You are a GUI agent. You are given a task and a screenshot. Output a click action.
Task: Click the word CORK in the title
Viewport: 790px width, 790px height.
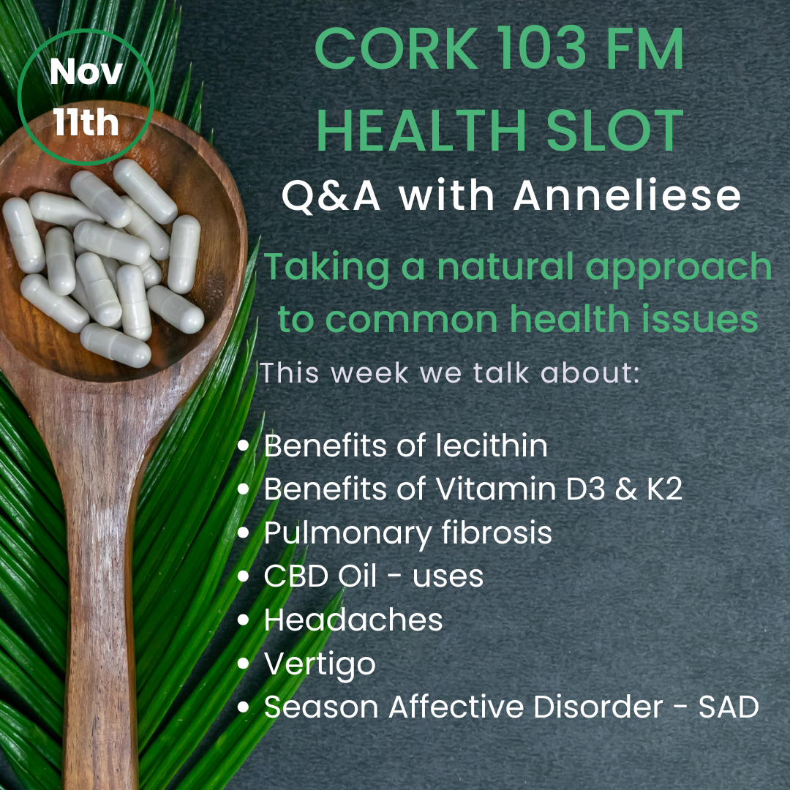(x=396, y=49)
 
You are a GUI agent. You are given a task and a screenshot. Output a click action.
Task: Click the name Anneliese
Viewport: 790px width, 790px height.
(x=627, y=195)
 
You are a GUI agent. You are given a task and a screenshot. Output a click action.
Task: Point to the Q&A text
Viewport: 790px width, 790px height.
(x=331, y=197)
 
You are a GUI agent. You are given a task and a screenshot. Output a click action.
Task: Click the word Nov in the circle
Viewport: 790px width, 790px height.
(x=86, y=72)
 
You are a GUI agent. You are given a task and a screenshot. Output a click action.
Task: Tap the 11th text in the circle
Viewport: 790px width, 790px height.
(x=86, y=122)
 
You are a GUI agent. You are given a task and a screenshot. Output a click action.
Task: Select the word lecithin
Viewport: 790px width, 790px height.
(x=492, y=445)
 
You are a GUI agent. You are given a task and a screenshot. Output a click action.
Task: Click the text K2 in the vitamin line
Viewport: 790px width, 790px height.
(x=664, y=489)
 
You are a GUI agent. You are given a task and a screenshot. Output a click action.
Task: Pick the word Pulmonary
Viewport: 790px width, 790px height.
(x=347, y=534)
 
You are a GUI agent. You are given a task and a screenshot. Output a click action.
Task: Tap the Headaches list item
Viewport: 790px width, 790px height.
(x=353, y=620)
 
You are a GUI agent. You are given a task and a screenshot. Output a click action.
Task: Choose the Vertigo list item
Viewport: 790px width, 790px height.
(x=320, y=664)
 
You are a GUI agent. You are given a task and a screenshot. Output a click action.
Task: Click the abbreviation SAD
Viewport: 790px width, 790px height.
(x=729, y=707)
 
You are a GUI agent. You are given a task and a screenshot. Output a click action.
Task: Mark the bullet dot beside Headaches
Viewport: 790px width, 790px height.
(x=244, y=620)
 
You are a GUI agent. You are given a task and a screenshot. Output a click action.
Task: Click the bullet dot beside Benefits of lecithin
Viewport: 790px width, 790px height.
(x=244, y=446)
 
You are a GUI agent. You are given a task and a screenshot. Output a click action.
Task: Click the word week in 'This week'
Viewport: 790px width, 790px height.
(x=369, y=373)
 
